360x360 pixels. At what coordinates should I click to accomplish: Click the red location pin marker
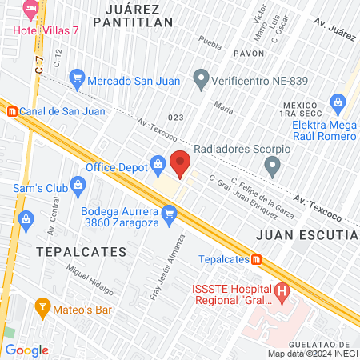click(180, 163)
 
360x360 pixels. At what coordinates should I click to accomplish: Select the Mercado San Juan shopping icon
click(78, 78)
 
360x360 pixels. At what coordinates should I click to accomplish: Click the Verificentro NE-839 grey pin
click(200, 79)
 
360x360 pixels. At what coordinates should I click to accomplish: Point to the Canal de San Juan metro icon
click(10, 112)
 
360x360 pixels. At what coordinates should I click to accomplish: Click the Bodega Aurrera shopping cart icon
click(168, 214)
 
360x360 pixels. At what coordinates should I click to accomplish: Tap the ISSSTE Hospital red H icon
click(282, 291)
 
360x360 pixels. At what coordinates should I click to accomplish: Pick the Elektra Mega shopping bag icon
click(338, 102)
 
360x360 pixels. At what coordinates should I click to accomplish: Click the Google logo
click(26, 350)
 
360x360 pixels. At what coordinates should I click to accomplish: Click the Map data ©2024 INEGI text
click(312, 354)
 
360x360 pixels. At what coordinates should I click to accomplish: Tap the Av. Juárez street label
click(334, 30)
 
